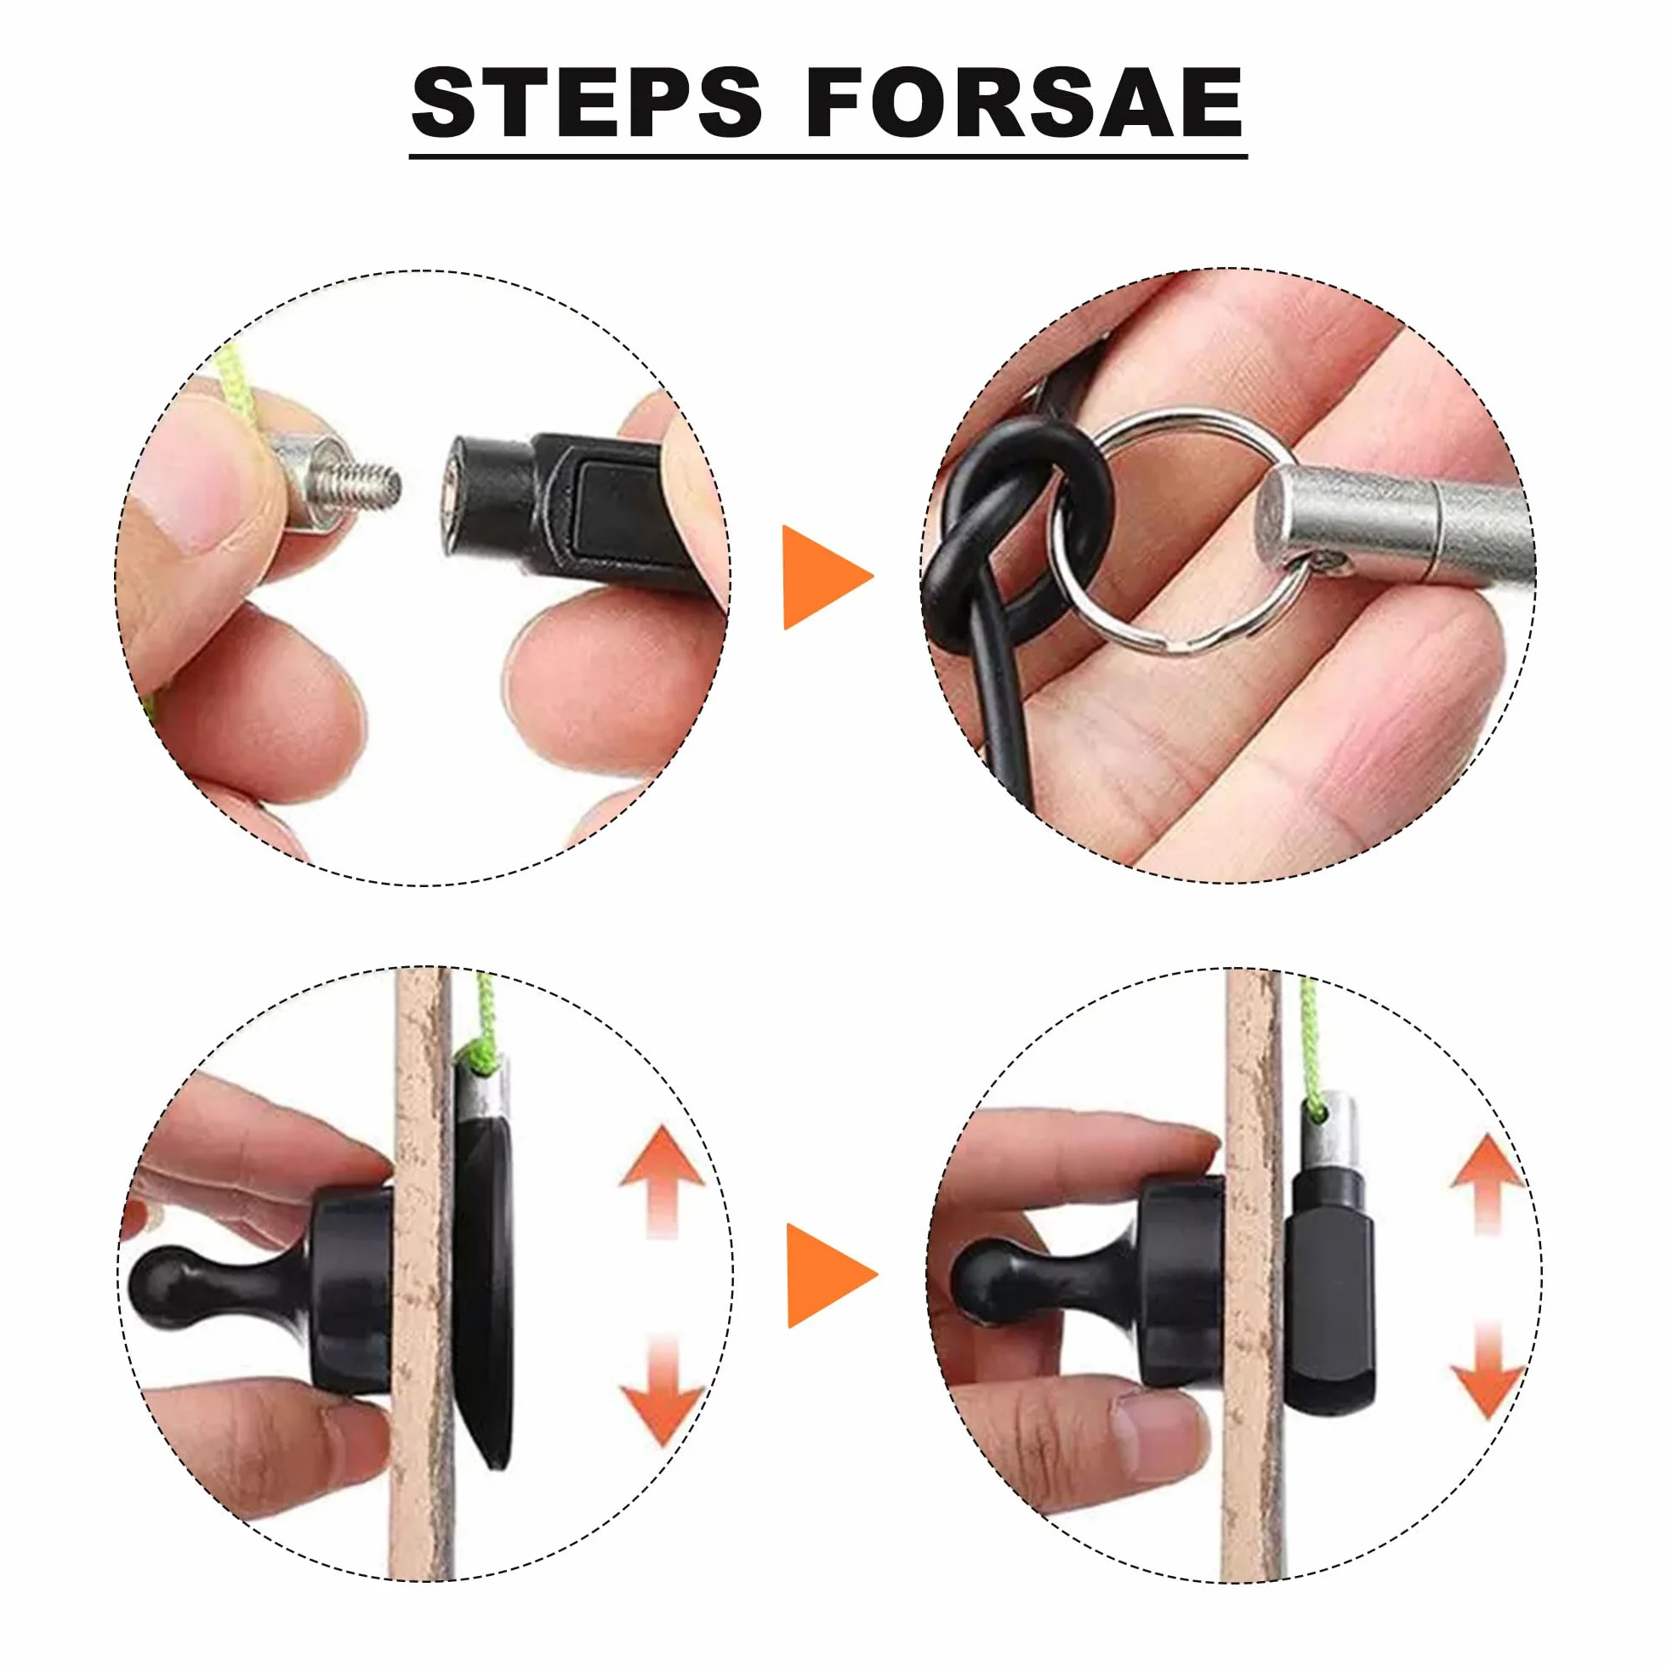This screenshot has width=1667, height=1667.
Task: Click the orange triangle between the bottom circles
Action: click(830, 1275)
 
